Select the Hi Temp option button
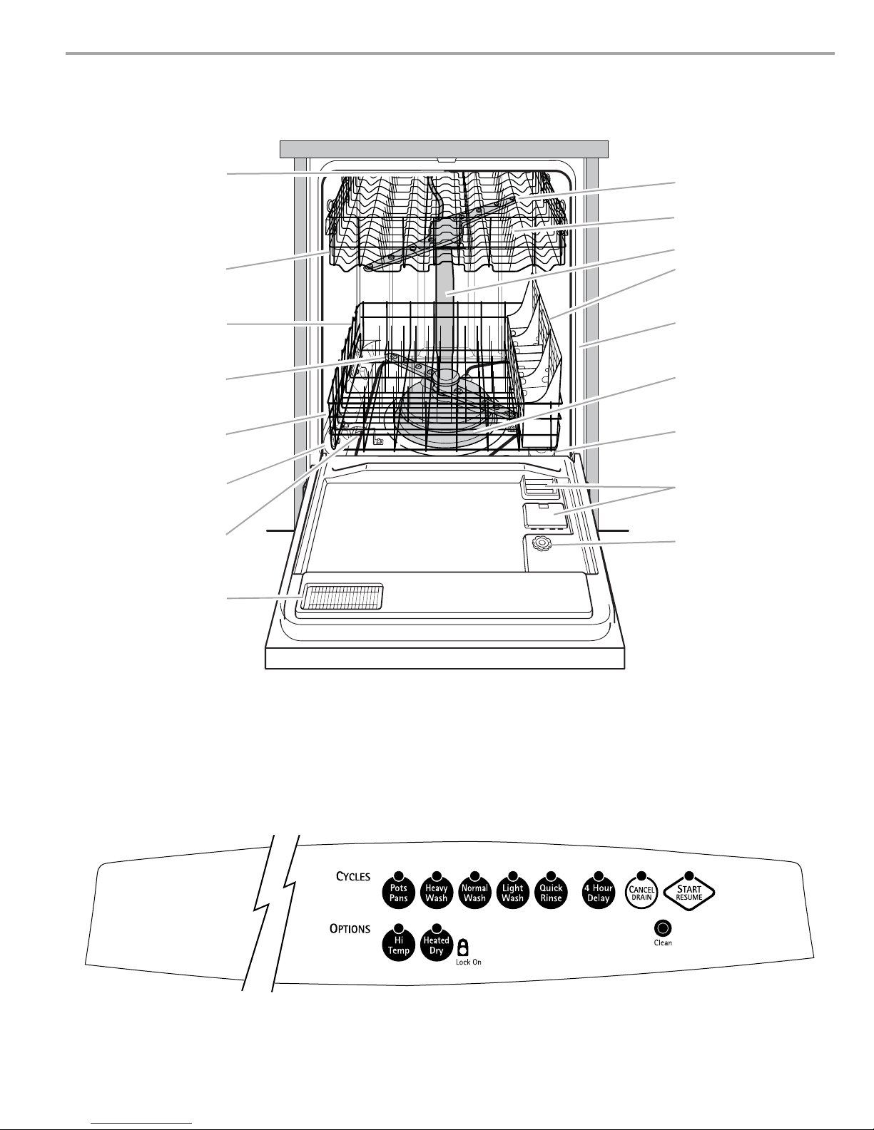[399, 945]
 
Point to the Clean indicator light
[663, 928]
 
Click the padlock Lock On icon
[463, 947]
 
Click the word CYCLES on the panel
[353, 877]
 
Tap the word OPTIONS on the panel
[350, 929]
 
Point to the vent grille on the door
[342, 597]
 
